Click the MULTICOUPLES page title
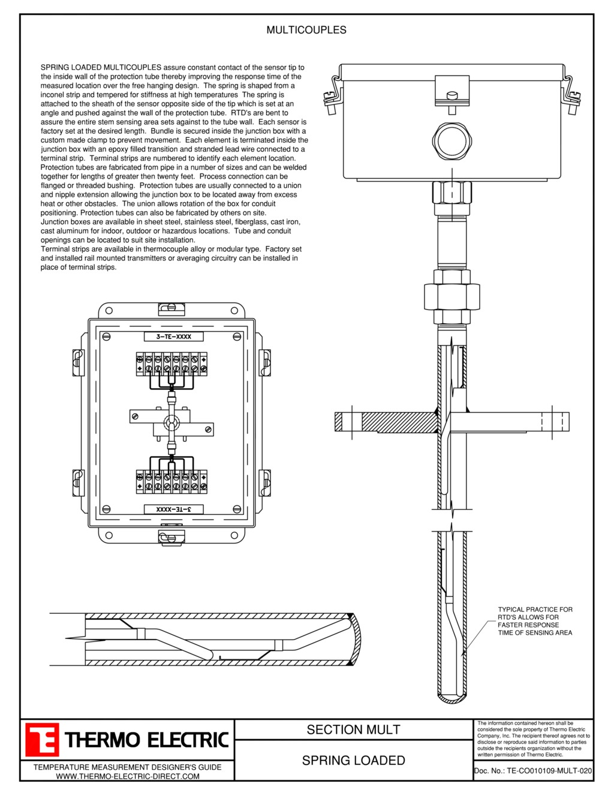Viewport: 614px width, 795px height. [x=306, y=30]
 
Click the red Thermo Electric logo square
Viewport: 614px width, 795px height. [x=42, y=739]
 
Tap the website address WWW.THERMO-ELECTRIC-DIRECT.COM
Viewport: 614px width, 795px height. [x=127, y=776]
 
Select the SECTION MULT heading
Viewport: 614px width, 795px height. [x=353, y=730]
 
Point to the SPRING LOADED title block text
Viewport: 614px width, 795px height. [x=353, y=760]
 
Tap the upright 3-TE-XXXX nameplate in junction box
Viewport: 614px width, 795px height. [x=174, y=337]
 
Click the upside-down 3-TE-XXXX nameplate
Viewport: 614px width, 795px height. [x=174, y=509]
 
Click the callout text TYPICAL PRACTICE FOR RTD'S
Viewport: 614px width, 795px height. [x=535, y=620]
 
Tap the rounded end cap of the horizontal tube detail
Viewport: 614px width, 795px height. [x=356, y=639]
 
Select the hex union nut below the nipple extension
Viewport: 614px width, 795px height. [x=452, y=294]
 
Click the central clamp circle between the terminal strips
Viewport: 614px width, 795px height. [x=171, y=424]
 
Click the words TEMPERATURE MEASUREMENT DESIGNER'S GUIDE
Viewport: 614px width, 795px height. [x=127, y=767]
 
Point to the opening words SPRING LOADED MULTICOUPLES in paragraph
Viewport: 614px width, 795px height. [x=101, y=68]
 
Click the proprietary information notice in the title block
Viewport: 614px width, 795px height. [x=533, y=739]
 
